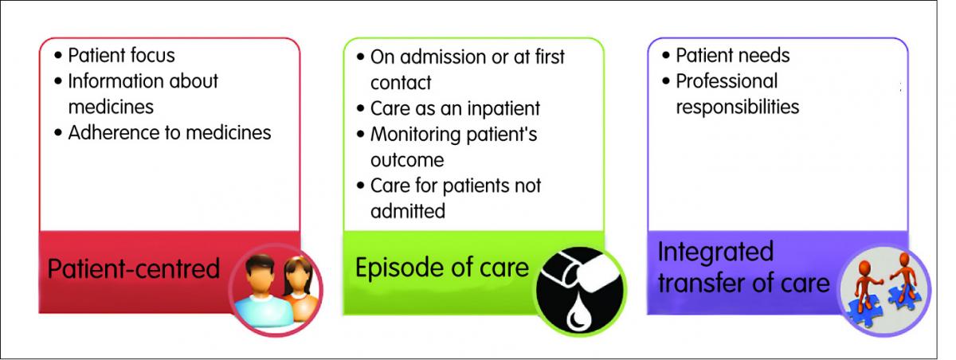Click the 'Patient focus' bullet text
pos(121,56)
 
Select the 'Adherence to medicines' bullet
pos(170,133)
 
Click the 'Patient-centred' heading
pos(134,268)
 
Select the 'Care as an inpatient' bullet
pos(455,108)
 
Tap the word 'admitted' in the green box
pos(408,211)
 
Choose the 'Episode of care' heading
pos(442,268)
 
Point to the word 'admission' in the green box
pos(444,57)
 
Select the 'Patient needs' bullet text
pos(732,56)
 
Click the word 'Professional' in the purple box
pos(727,81)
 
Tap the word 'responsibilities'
pos(737,107)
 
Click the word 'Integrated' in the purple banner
pos(715,252)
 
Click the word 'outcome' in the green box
pos(407,160)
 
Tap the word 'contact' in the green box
pos(401,83)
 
